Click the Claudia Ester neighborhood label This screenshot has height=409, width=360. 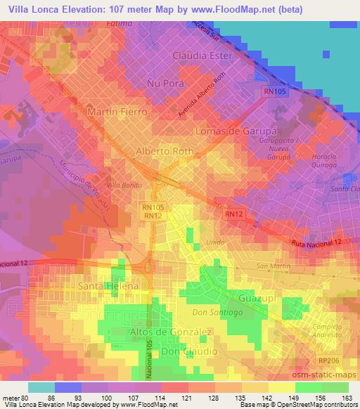coord(203,55)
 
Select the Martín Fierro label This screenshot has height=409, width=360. coord(117,112)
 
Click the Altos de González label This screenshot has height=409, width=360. coord(171,331)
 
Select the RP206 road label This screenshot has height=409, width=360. coord(326,358)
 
